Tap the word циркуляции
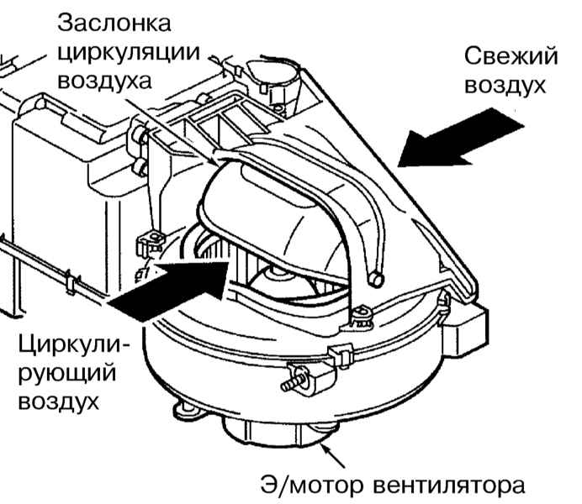(128, 52)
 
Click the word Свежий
(511, 56)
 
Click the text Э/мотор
(307, 484)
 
